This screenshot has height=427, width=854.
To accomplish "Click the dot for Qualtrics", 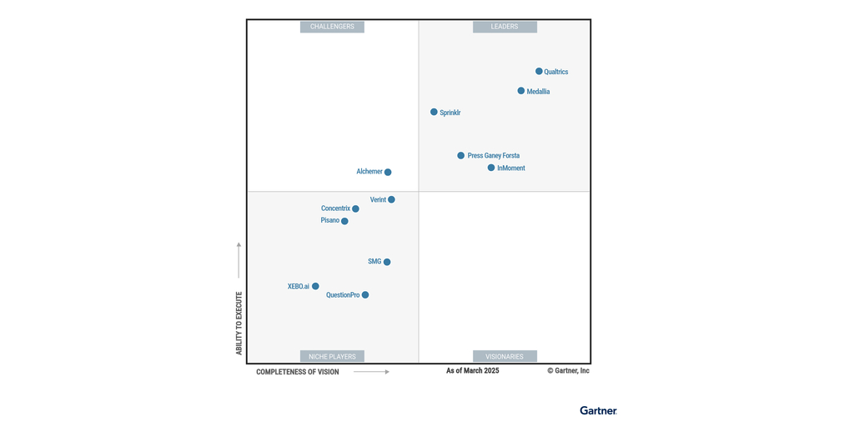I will (x=539, y=72).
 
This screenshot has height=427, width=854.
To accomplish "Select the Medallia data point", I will (x=521, y=91).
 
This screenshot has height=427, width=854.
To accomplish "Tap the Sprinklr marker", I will (x=434, y=112).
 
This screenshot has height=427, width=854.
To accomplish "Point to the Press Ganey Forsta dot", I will (x=460, y=156).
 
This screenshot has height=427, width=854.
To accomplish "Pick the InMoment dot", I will (x=491, y=168).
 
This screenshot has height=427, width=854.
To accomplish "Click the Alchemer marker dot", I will (x=388, y=173).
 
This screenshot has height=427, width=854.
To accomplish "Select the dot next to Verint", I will (x=391, y=200).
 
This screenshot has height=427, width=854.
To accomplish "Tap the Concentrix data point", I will (x=355, y=208).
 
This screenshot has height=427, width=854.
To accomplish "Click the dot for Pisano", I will (x=344, y=221).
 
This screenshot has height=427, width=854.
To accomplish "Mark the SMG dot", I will (x=387, y=262).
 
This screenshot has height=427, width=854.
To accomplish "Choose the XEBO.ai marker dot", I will (x=315, y=286).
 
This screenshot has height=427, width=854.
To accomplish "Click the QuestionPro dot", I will (x=365, y=295).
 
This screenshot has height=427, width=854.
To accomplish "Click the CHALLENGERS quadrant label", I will (x=332, y=27).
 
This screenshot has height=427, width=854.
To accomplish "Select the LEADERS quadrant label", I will (x=505, y=27).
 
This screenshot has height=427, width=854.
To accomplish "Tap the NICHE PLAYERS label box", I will (x=332, y=357).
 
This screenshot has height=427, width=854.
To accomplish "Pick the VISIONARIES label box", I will (x=505, y=357).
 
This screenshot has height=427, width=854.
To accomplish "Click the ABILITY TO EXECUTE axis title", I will (x=239, y=323).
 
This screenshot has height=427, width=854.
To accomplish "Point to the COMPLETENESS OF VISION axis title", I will (x=298, y=372).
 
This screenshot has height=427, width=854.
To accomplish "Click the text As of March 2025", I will (x=473, y=371).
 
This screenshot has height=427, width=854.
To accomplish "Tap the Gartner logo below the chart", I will (x=598, y=410).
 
